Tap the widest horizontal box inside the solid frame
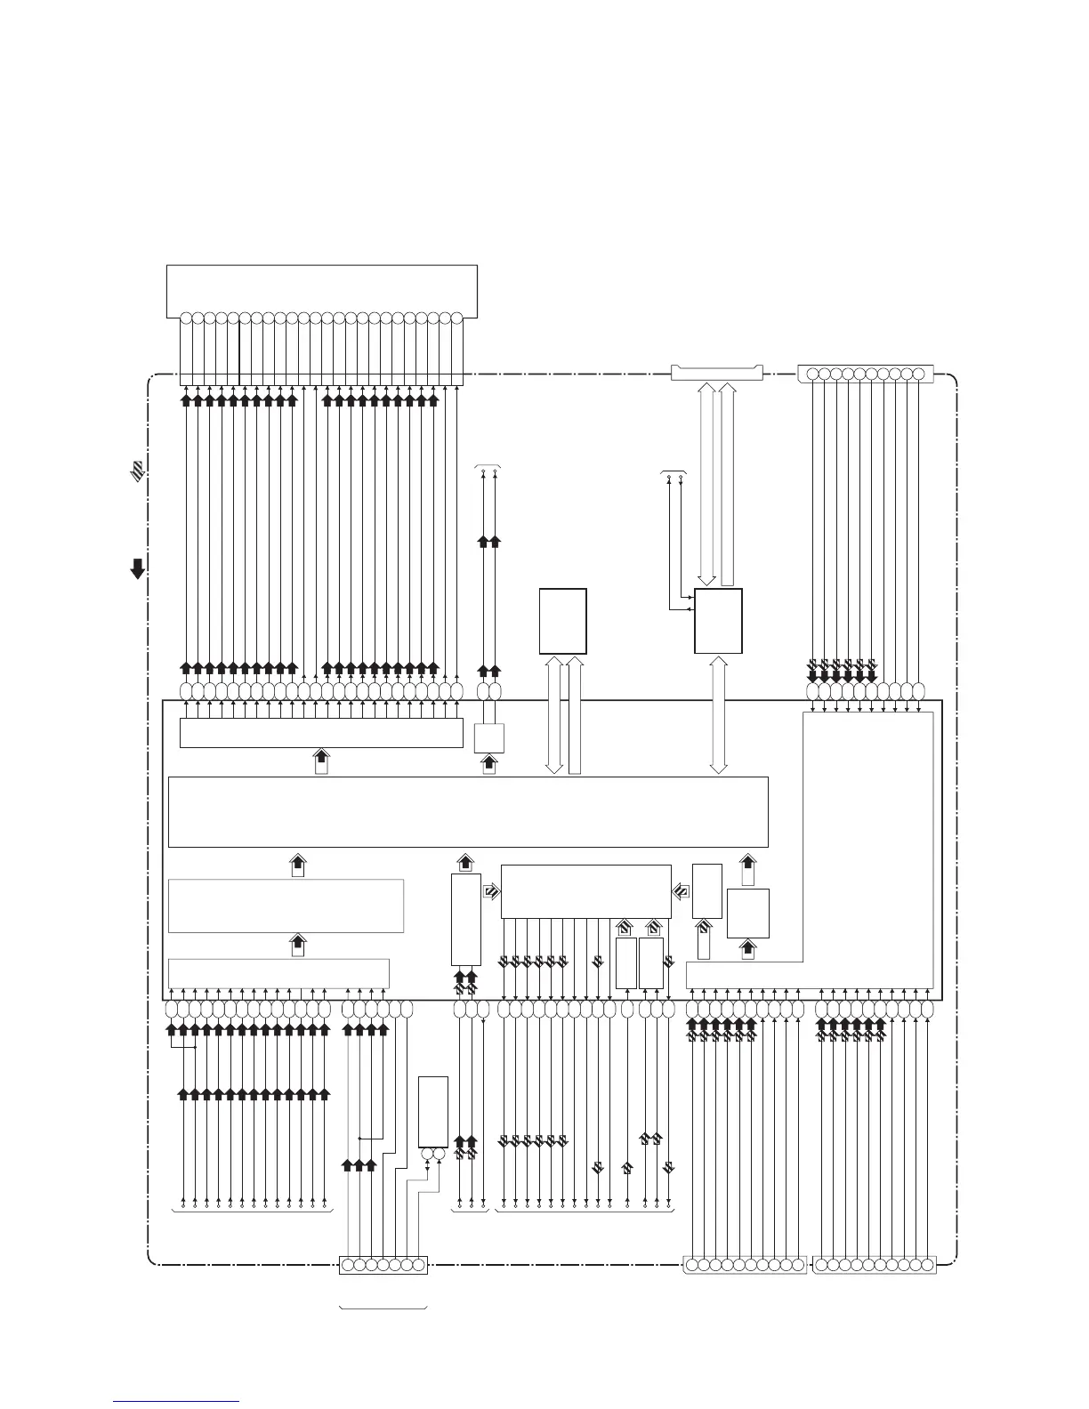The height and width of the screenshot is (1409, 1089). point(468,811)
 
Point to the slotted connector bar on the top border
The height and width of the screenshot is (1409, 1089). point(717,371)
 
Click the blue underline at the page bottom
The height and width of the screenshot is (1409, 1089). point(176,1402)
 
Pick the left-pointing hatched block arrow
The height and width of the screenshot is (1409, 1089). point(682,890)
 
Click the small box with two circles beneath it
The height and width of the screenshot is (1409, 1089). point(433,1111)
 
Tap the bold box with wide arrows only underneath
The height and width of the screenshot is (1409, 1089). point(562,620)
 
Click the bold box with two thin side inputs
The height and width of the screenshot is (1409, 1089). point(718,620)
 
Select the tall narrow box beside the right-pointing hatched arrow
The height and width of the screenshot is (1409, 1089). point(465,920)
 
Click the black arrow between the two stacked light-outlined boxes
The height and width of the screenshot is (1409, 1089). point(299,945)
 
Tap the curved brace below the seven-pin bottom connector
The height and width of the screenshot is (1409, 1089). point(383,1307)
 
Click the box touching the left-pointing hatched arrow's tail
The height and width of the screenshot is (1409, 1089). point(706,890)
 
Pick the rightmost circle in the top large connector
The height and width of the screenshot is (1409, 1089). point(456,318)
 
